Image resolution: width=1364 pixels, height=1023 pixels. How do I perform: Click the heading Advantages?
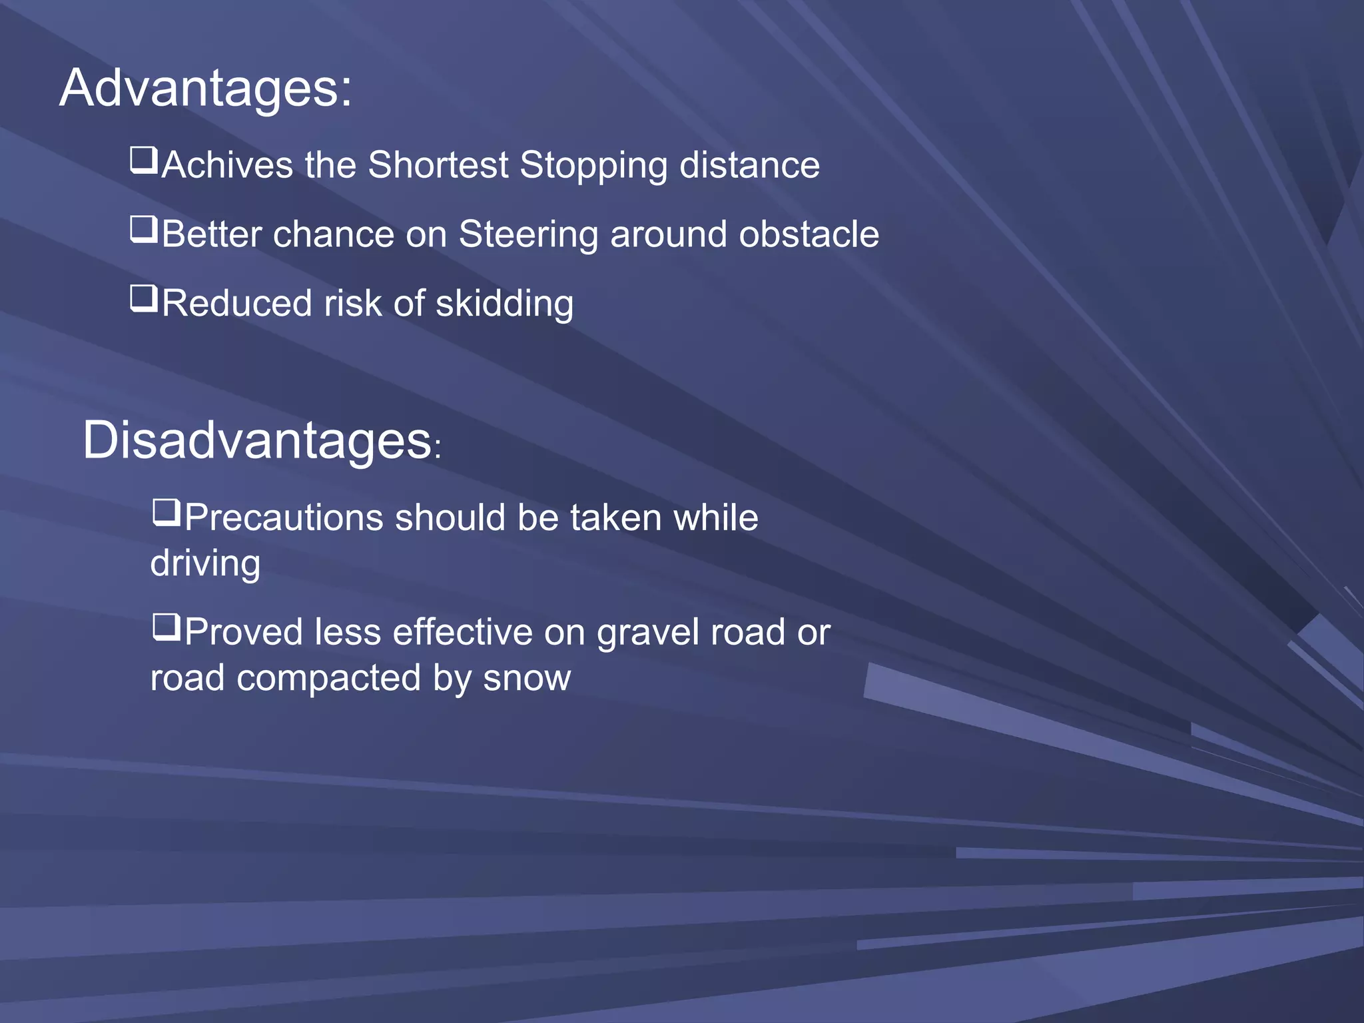(x=205, y=89)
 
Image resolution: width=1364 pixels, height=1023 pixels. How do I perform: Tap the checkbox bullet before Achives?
(x=143, y=161)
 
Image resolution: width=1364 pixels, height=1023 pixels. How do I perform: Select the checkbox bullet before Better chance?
(x=143, y=230)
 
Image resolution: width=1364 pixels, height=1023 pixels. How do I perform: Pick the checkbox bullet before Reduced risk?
(x=143, y=299)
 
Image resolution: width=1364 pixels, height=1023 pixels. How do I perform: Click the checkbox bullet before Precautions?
(x=166, y=513)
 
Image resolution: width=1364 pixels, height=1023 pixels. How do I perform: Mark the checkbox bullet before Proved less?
(x=166, y=627)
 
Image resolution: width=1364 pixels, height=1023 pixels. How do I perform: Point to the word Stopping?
(x=593, y=167)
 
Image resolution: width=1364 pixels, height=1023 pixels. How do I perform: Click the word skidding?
(x=504, y=304)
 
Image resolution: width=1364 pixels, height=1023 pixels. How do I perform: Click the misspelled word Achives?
(x=227, y=165)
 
